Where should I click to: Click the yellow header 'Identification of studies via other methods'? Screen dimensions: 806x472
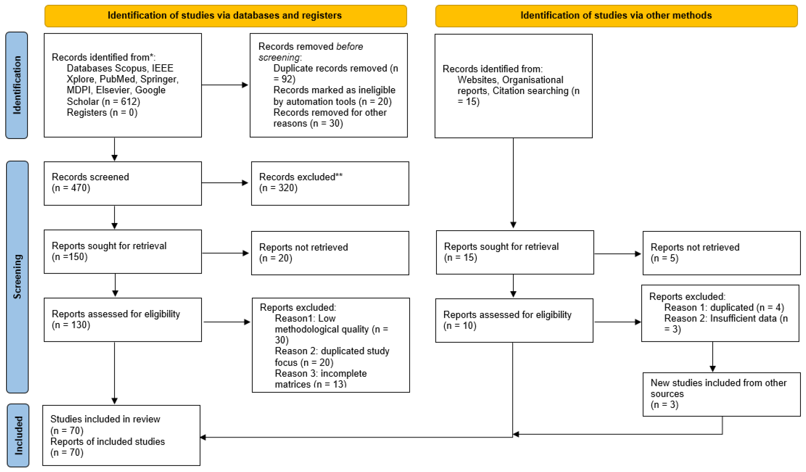pyautogui.click(x=616, y=16)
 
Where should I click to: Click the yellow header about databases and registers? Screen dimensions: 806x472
pyautogui.click(x=225, y=16)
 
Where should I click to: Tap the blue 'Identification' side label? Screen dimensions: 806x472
pyautogui.click(x=17, y=85)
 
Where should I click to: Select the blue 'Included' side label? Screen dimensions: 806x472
pyautogui.click(x=18, y=435)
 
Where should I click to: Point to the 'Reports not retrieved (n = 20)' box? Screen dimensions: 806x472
pyautogui.click(x=330, y=253)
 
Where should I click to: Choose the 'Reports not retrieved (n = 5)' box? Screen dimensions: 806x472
pyautogui.click(x=722, y=253)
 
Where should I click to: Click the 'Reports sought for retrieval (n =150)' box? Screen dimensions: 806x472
pyautogui.click(x=123, y=252)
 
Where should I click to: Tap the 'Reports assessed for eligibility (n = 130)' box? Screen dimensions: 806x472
pyautogui.click(x=123, y=320)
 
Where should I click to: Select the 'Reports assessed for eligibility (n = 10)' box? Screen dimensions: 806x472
pyautogui.click(x=514, y=320)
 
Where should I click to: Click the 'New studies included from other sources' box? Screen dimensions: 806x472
pyautogui.click(x=722, y=394)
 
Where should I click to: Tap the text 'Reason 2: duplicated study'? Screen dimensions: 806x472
pyautogui.click(x=332, y=351)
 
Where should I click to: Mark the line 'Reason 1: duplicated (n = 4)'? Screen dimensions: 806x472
pyautogui.click(x=724, y=308)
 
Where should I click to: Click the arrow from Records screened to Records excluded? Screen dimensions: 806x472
pyautogui.click(x=225, y=183)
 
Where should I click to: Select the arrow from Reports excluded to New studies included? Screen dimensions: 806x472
pyautogui.click(x=713, y=357)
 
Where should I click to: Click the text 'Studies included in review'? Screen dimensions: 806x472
pyautogui.click(x=105, y=419)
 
